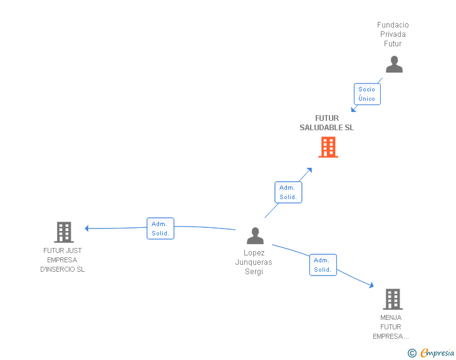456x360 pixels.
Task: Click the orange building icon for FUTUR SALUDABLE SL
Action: click(x=328, y=147)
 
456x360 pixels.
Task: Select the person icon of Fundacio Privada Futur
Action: click(x=394, y=64)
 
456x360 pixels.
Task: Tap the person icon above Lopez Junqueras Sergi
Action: click(x=255, y=235)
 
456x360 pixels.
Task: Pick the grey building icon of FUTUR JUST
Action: click(x=63, y=232)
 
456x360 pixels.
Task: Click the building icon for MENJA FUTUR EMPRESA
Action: click(x=392, y=299)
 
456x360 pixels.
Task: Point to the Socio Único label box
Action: click(x=367, y=94)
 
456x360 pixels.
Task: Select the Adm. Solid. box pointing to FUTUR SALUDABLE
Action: click(x=288, y=192)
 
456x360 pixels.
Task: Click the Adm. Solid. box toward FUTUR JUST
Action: click(x=160, y=229)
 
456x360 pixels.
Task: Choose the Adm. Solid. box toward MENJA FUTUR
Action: click(x=323, y=265)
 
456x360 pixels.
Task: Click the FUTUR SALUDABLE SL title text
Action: click(x=326, y=123)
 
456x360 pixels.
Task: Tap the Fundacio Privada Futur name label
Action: click(x=393, y=34)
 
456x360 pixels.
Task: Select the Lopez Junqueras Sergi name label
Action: click(x=254, y=262)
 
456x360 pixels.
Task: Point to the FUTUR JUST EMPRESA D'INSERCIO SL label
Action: click(x=62, y=260)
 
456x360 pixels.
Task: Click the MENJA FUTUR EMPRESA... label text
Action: click(x=391, y=327)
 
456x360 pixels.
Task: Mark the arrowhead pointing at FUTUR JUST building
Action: click(x=87, y=229)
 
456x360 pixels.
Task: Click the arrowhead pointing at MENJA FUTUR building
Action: click(x=371, y=285)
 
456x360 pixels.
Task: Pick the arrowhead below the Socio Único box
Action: click(x=353, y=110)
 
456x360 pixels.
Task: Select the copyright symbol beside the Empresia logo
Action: click(x=412, y=353)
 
